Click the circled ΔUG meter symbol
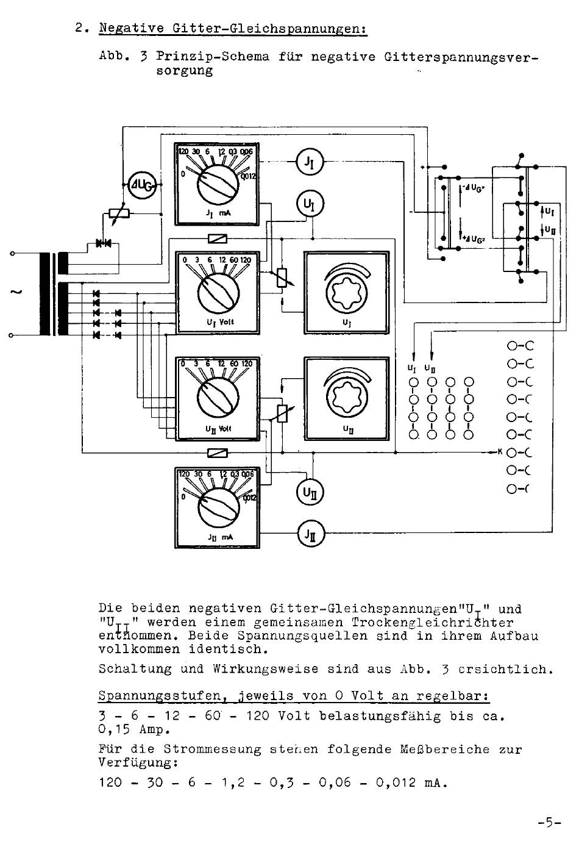point(141,182)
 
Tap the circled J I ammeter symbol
point(310,162)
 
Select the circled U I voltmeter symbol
point(310,204)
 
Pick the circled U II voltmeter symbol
point(310,491)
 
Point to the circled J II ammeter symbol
point(310,534)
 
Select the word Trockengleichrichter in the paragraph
point(432,623)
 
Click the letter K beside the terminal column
point(500,452)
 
